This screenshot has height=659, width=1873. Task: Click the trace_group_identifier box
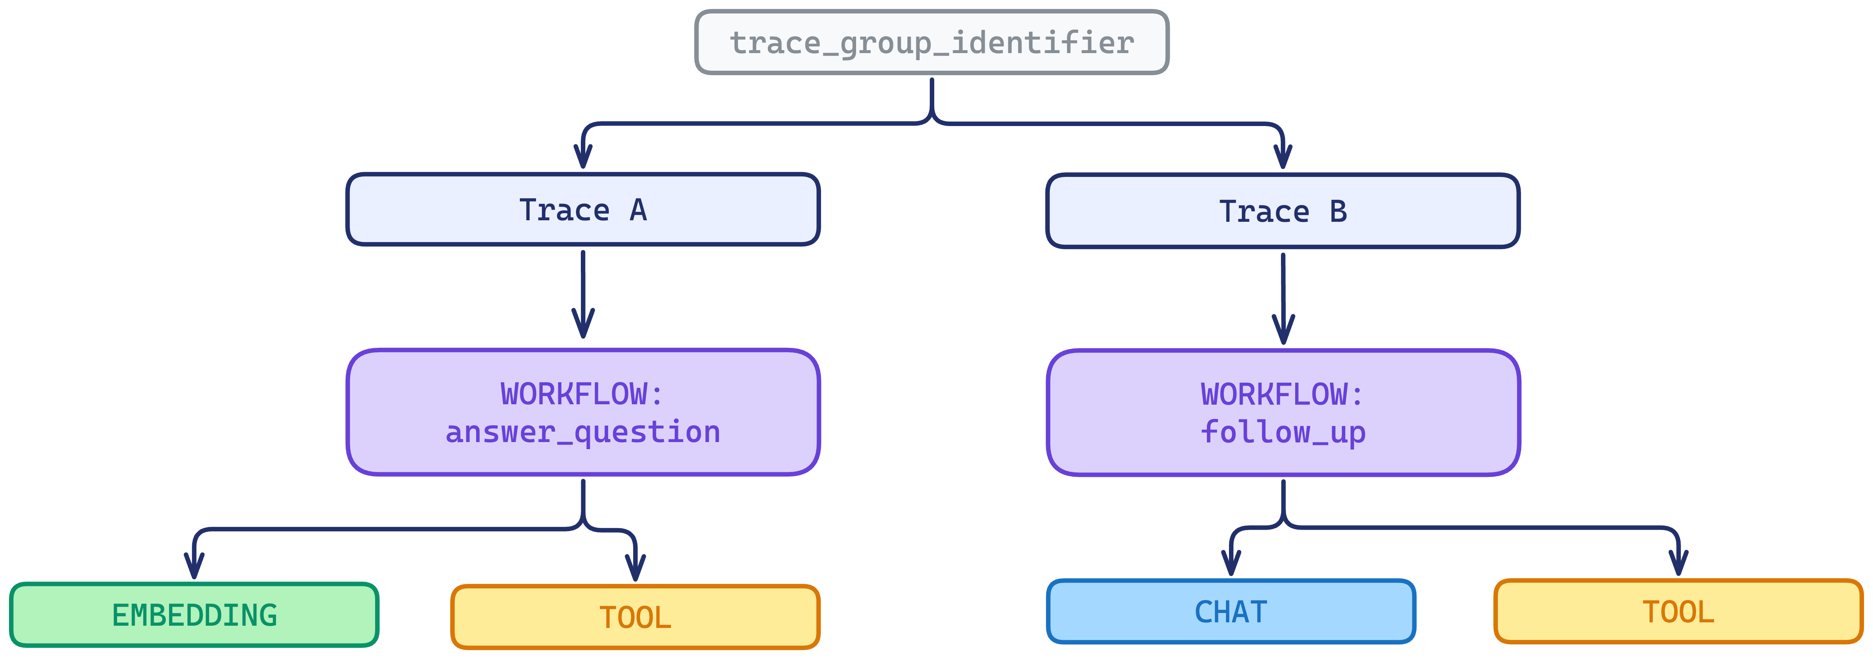[931, 42]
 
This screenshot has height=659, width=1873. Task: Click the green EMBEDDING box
[194, 614]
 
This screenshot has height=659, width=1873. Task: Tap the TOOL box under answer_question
[635, 617]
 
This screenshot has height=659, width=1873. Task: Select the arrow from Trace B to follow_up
[1283, 298]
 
